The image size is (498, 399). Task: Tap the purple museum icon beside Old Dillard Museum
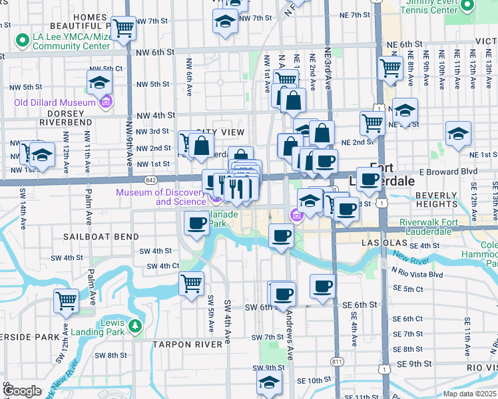pyautogui.click(x=105, y=102)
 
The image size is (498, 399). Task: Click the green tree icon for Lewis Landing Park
pyautogui.click(x=136, y=325)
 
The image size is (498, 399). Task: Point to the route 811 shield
pyautogui.click(x=337, y=379)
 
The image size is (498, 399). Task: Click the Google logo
pyautogui.click(x=23, y=391)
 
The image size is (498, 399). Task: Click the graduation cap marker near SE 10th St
pyautogui.click(x=269, y=382)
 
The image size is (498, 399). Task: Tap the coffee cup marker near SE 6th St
pyautogui.click(x=322, y=287)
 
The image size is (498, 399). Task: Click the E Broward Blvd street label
pyautogui.click(x=456, y=171)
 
